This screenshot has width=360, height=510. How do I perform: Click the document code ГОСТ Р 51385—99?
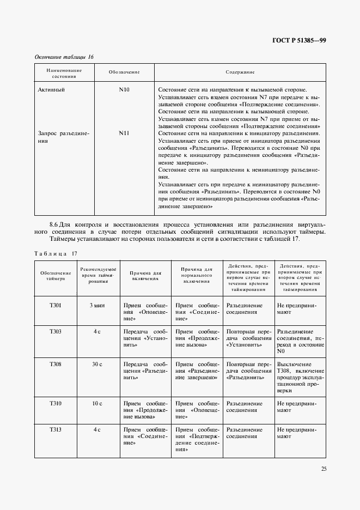[299, 41]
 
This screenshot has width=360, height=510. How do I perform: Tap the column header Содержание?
[240, 72]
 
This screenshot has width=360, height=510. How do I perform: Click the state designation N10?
[124, 89]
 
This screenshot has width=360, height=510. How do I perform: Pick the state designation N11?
[124, 132]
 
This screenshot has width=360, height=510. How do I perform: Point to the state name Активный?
[52, 89]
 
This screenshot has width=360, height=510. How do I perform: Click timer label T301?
[56, 306]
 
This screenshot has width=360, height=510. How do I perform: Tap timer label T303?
[56, 331]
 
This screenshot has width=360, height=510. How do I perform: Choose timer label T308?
[56, 364]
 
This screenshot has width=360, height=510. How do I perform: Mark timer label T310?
[56, 404]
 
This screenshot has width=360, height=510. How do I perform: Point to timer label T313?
[56, 430]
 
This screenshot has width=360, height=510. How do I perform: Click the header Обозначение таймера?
[56, 275]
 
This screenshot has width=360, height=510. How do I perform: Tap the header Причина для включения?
[145, 275]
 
